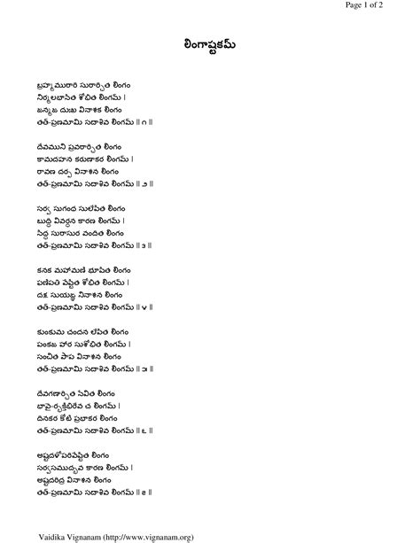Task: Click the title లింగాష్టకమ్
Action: pyautogui.click(x=209, y=45)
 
